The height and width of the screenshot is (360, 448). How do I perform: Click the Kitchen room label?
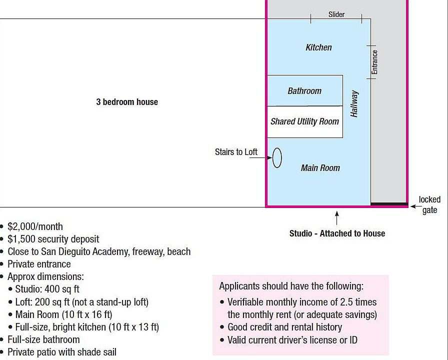[x=318, y=47]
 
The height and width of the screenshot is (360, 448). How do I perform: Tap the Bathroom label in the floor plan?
[x=304, y=91]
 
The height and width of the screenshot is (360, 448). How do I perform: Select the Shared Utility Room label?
[x=304, y=121]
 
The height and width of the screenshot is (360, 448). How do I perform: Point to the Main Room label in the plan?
[x=320, y=168]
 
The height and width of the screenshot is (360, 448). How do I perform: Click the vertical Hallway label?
[x=354, y=103]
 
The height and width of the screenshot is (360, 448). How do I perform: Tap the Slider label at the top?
[x=336, y=14]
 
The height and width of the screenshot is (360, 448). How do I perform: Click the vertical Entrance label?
[x=374, y=62]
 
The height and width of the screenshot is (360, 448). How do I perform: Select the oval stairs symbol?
[x=277, y=158]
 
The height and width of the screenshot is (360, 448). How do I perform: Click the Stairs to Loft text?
[x=236, y=152]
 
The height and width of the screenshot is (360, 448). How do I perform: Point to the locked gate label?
[x=429, y=205]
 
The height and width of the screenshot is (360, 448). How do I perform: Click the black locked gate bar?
[x=389, y=204]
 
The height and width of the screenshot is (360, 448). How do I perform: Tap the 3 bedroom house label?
[x=127, y=102]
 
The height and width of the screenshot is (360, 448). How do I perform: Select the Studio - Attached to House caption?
[x=337, y=233]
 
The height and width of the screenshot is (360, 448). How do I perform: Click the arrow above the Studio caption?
[x=337, y=218]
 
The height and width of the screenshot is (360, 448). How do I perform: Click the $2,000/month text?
[x=35, y=226]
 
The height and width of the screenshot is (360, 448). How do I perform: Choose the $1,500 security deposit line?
[x=53, y=239]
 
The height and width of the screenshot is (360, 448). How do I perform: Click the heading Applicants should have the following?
[x=291, y=286]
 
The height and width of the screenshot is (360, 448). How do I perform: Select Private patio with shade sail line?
[x=61, y=352]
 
